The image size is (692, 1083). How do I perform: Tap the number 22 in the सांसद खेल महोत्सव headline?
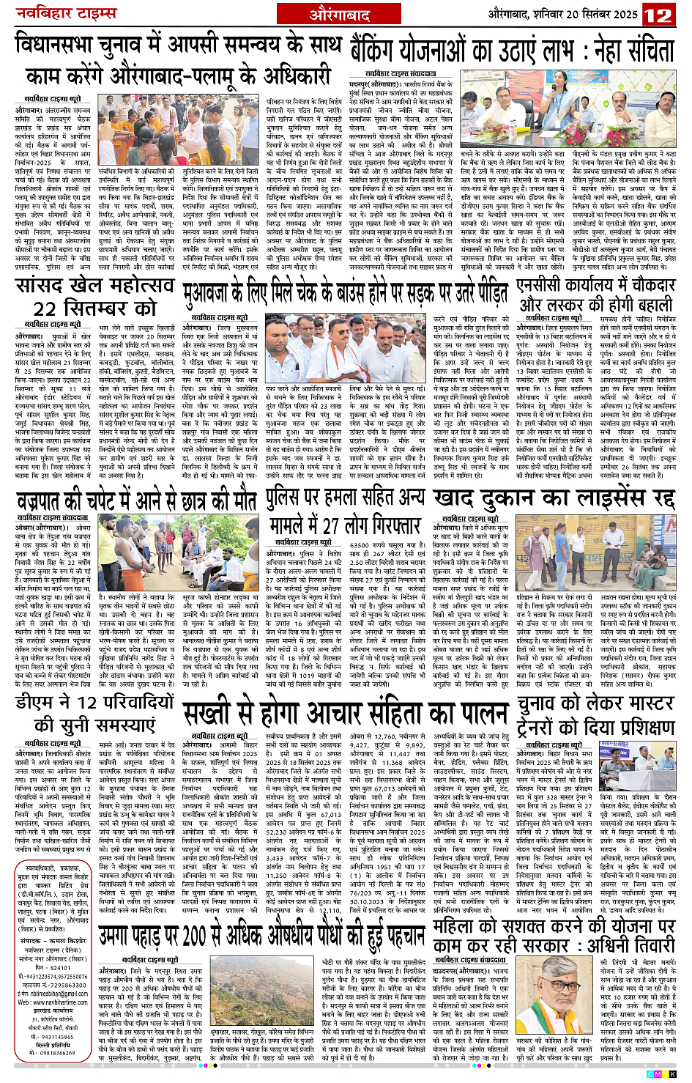click(x=46, y=308)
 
